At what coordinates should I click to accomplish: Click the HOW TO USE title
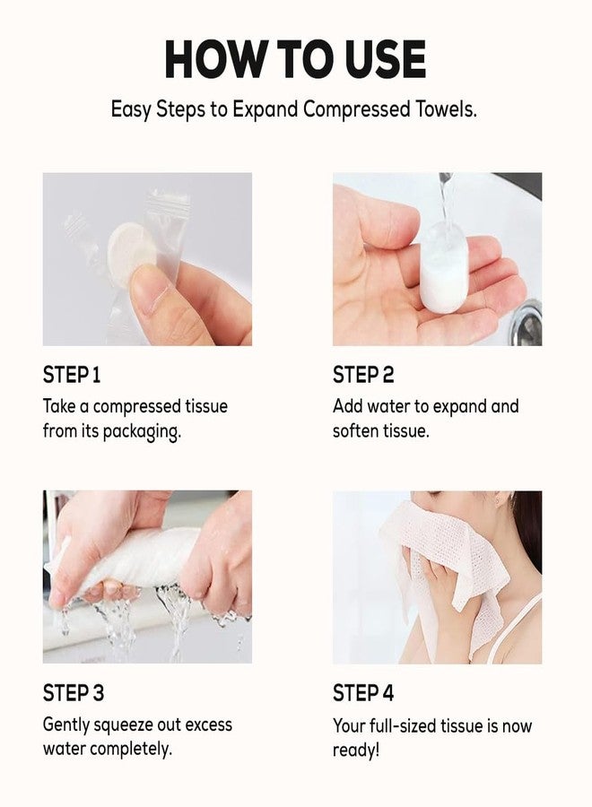pos(295,59)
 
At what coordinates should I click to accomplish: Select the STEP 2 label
pos(363,374)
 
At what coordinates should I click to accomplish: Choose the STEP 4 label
pos(364,692)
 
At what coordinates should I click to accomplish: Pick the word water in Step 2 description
pos(395,406)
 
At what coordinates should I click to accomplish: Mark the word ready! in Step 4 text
pos(356,749)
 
